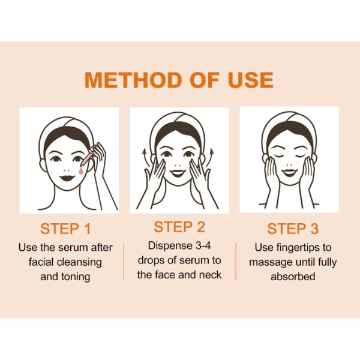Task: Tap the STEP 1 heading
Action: [65, 229]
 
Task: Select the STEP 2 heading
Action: [179, 227]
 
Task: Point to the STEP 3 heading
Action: [293, 229]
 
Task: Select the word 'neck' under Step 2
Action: [210, 274]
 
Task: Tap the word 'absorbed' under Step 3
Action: [293, 277]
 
